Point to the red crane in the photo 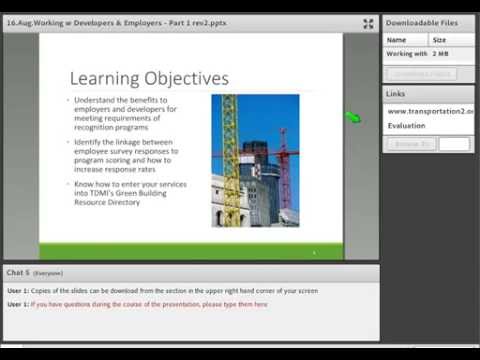(283, 160)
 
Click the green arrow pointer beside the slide (352, 118)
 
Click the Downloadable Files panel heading (423, 22)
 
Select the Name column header (397, 40)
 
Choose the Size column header (439, 40)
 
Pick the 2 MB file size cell (440, 54)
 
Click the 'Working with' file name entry (407, 54)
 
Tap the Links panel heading (395, 94)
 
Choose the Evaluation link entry (407, 126)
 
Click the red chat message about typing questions (149, 304)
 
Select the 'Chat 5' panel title (17, 272)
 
